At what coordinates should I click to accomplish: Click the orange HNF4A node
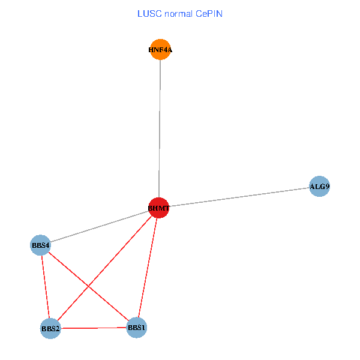tap(160, 50)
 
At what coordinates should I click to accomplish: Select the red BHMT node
tap(159, 208)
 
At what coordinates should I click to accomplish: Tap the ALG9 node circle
tap(319, 187)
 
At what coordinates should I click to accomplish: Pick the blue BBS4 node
tap(41, 245)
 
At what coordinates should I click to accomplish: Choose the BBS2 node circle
tap(50, 329)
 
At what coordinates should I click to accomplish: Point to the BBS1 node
tap(137, 328)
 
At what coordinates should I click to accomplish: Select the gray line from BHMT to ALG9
tap(240, 197)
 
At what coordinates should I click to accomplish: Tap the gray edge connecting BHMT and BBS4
tap(99, 227)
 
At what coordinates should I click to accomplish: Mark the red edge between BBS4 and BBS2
tap(46, 287)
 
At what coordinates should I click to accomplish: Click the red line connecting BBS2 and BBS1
tap(94, 328)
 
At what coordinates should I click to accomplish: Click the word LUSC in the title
tap(148, 13)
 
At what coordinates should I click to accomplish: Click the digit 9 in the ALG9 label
tap(327, 187)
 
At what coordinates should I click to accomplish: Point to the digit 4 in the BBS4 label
tap(47, 245)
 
